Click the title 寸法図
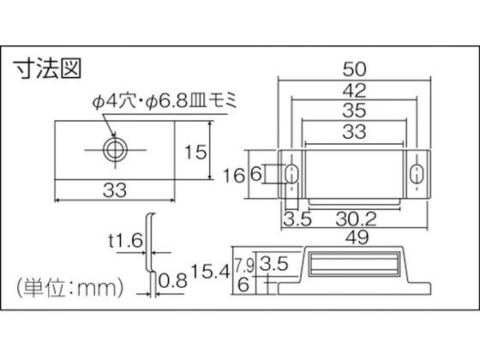[x=48, y=69]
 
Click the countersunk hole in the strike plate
[x=115, y=150]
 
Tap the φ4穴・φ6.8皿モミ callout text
[x=165, y=101]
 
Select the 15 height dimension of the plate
[x=195, y=153]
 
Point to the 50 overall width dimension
[x=354, y=69]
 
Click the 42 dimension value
[x=354, y=91]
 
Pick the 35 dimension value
[x=354, y=111]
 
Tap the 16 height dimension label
[x=234, y=176]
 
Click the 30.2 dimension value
[x=356, y=219]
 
